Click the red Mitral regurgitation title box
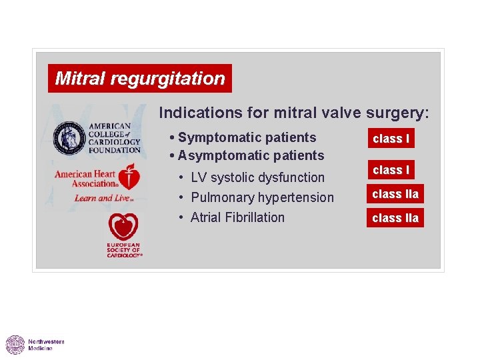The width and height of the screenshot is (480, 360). coord(140,79)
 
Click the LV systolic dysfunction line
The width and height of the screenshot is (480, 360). coord(257,178)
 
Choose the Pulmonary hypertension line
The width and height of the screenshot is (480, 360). coord(262,198)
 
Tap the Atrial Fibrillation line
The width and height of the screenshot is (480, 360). coord(237,218)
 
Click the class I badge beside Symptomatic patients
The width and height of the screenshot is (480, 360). coord(391,139)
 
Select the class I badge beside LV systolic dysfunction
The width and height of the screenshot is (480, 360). coord(391,170)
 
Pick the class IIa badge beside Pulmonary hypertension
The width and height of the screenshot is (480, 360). coord(395,195)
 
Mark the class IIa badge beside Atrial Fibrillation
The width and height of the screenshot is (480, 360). coord(395,218)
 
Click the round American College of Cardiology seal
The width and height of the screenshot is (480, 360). coord(69,137)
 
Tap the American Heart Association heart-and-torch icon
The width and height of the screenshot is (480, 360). coord(131,178)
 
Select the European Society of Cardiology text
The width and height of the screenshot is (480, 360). coord(124,251)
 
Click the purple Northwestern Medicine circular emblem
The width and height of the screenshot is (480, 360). coord(15,345)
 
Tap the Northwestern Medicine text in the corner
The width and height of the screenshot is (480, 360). coord(46,345)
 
